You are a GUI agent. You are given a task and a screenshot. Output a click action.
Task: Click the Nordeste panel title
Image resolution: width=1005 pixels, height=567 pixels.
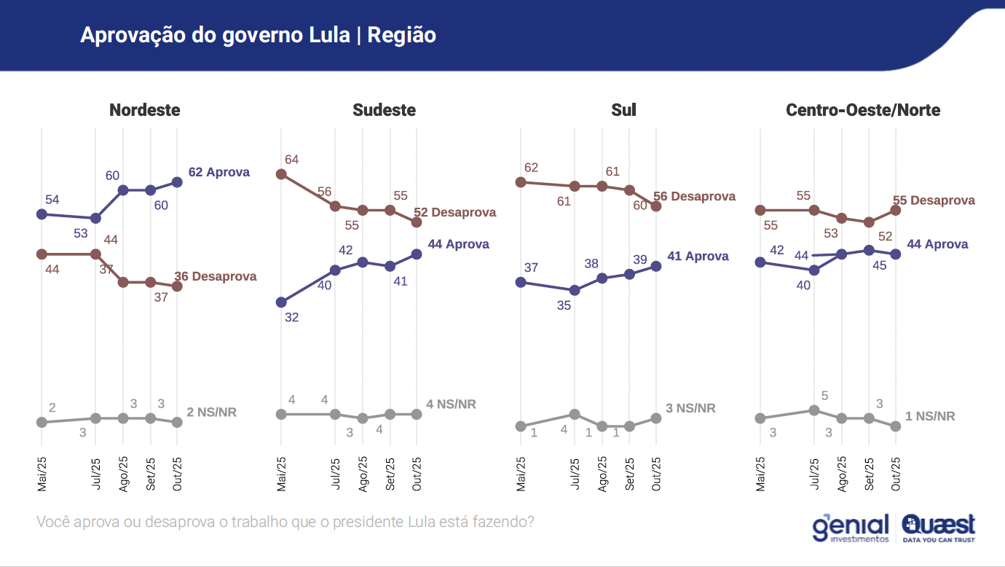(x=144, y=110)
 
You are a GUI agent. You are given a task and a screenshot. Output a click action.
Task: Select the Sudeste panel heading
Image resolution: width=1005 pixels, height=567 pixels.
(x=384, y=110)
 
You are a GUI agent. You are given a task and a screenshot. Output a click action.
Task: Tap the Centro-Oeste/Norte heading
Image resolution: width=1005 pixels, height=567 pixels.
(x=863, y=110)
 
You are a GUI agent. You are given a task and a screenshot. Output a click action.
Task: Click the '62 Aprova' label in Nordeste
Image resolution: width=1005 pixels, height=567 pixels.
(x=218, y=173)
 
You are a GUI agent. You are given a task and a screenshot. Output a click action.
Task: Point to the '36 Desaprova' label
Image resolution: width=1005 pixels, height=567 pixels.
(x=215, y=277)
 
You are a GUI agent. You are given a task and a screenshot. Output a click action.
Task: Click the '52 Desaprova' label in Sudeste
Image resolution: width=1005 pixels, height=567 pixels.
(x=454, y=213)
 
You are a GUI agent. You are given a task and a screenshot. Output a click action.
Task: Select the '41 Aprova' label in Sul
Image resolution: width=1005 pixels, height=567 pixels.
(x=698, y=257)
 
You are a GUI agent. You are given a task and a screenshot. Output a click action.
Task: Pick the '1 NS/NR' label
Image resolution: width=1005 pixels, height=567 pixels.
(x=931, y=416)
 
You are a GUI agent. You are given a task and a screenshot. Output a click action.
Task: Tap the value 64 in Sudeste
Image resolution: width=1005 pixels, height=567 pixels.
(x=292, y=160)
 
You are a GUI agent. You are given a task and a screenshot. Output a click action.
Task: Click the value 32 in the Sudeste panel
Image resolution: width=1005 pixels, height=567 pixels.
(x=292, y=317)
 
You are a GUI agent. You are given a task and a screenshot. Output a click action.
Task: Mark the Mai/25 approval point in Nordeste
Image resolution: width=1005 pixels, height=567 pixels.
(x=42, y=214)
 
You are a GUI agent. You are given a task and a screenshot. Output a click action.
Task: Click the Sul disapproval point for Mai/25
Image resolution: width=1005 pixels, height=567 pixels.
(x=520, y=182)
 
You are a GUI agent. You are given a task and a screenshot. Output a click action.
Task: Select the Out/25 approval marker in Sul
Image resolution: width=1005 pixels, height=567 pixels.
(x=656, y=266)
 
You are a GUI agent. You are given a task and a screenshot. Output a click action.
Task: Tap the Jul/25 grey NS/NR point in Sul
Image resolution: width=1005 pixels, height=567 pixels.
(x=575, y=414)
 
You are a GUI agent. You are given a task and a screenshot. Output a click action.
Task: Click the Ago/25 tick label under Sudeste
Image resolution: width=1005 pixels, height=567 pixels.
(x=363, y=474)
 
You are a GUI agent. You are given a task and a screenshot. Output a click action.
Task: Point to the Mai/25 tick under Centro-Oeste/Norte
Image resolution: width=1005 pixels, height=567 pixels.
(x=761, y=474)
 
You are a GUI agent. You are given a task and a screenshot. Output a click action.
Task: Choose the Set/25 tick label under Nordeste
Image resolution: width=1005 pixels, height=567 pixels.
(x=151, y=474)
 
